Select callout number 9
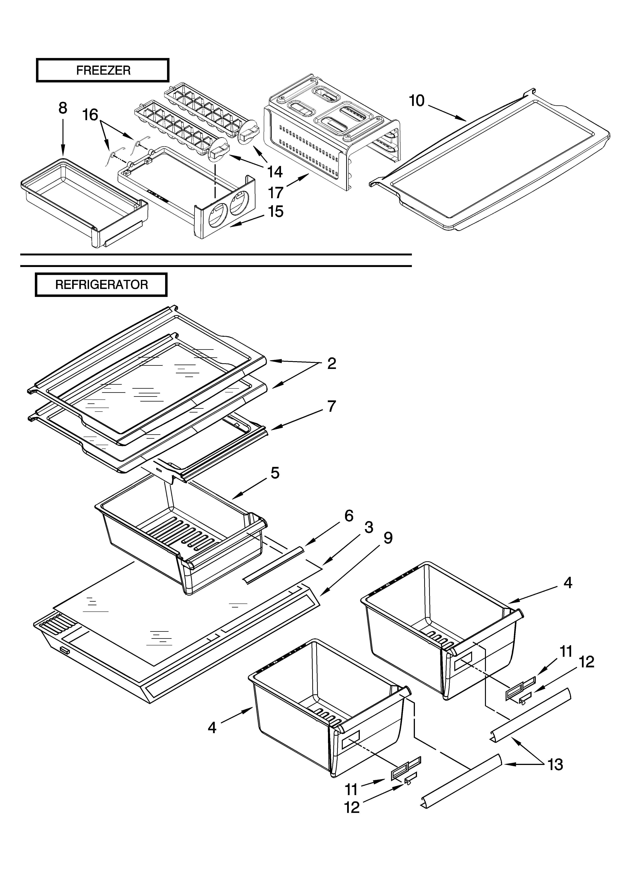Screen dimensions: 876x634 tap(387, 538)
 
